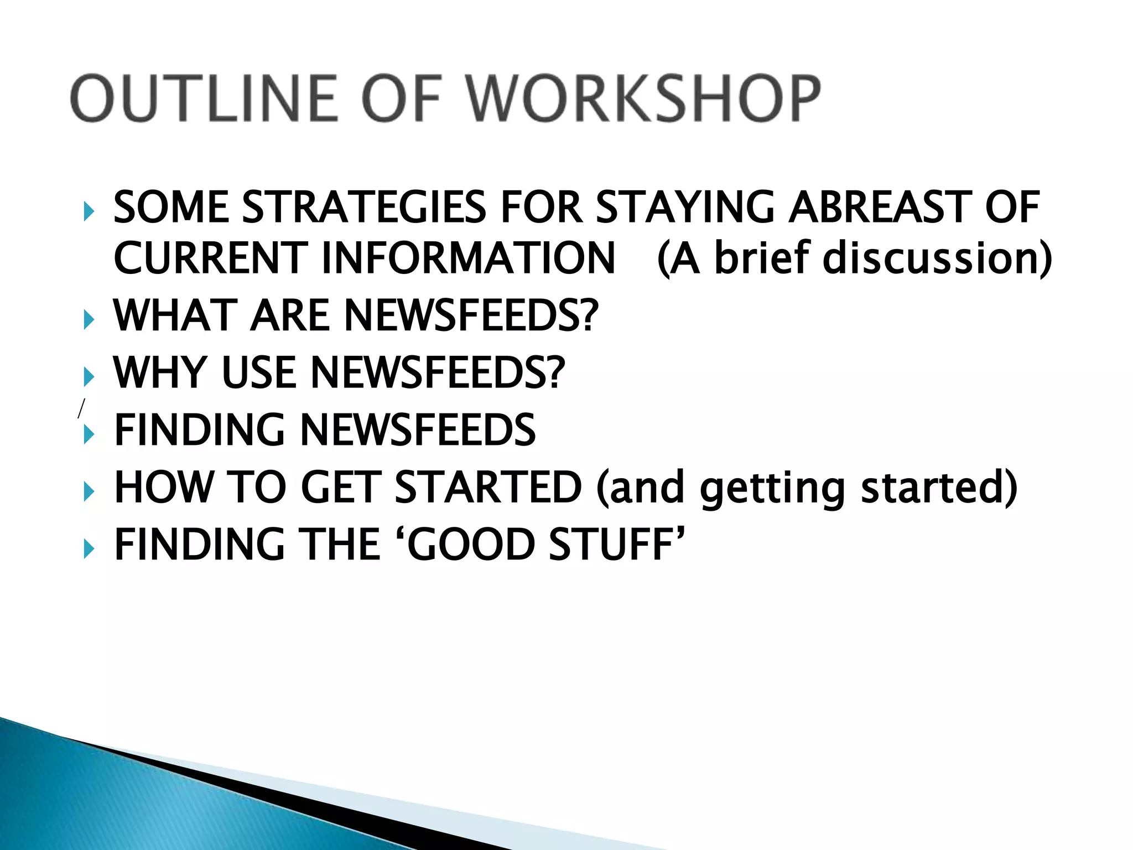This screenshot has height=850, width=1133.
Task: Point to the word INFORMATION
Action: tap(468, 258)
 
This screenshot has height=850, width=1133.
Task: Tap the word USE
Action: tap(259, 372)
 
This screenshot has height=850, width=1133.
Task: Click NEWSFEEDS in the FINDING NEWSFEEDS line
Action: tap(418, 430)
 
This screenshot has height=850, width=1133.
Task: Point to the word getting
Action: tap(772, 488)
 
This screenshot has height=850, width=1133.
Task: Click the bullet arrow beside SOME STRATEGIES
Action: tap(89, 211)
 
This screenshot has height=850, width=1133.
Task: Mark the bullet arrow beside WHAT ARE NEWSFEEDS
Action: tap(89, 320)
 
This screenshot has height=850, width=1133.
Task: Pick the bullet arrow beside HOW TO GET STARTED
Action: tap(89, 491)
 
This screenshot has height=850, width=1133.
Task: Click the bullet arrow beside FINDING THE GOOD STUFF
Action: tap(89, 549)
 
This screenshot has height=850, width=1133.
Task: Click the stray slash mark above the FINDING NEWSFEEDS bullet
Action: tap(81, 408)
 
